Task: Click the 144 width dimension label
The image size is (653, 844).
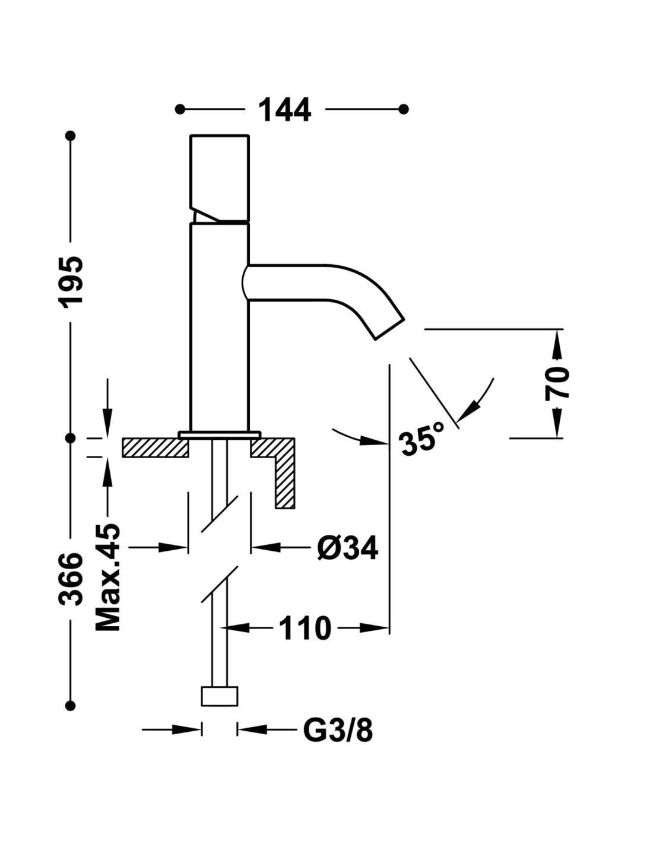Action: (285, 110)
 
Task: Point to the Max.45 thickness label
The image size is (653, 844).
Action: (108, 577)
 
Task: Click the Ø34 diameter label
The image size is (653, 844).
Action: (347, 547)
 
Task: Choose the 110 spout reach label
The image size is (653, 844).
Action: (305, 629)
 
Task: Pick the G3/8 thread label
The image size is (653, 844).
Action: (338, 730)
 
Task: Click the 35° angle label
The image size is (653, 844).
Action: (422, 438)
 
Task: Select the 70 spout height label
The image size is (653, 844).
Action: (557, 383)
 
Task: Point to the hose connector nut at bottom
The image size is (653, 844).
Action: (220, 696)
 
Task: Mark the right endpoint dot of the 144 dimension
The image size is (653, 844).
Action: (404, 109)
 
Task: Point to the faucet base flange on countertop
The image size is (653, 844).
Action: (220, 434)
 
